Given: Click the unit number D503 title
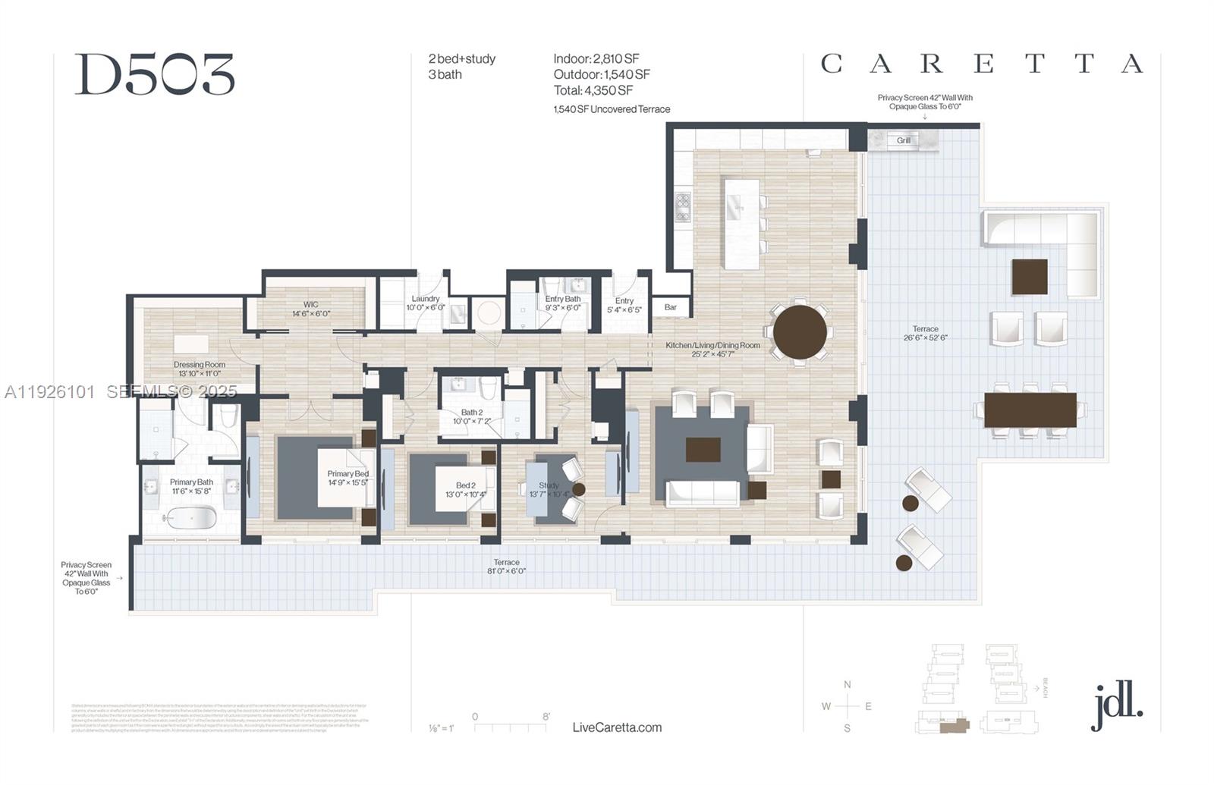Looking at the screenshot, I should (x=155, y=75).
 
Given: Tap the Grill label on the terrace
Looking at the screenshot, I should (x=904, y=140).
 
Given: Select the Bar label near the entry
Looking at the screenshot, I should (x=671, y=307).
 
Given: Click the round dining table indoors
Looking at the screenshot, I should (x=800, y=332).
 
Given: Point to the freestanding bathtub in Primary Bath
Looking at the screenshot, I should (x=191, y=519).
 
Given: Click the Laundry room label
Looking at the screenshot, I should (x=426, y=303).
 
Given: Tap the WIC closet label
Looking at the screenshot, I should (x=311, y=309).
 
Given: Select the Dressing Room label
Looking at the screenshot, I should (x=200, y=369).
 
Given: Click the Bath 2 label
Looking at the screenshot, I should (x=472, y=416).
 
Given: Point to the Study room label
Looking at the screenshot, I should (x=549, y=489).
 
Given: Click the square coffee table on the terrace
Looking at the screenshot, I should (x=1029, y=277).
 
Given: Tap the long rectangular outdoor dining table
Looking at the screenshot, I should (x=1030, y=410).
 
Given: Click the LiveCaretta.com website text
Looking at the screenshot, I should (x=617, y=727).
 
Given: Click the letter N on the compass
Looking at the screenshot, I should (x=848, y=684).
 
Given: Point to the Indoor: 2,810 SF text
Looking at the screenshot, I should (x=596, y=58).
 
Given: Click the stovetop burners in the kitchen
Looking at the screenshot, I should (x=683, y=206).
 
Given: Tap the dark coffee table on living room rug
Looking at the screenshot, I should (x=703, y=449).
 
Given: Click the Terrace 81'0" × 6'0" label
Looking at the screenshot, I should (x=506, y=567).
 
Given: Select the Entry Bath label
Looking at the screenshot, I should (x=562, y=303).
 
